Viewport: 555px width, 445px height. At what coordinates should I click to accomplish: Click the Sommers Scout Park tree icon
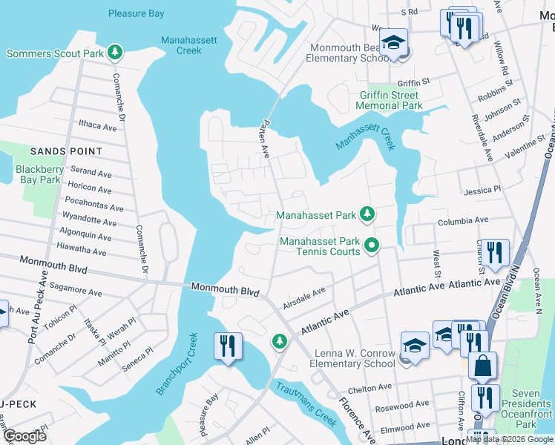[x=114, y=52]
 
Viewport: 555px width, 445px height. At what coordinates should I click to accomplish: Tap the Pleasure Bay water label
[x=137, y=13]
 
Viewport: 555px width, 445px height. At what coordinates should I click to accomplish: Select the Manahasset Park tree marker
[x=367, y=215]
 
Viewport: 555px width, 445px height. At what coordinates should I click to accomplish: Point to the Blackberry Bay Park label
[x=39, y=174]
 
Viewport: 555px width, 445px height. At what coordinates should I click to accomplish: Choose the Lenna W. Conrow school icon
[x=415, y=345]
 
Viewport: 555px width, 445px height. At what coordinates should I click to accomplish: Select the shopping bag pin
[x=482, y=366]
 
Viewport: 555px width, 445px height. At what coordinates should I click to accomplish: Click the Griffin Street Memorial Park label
[x=389, y=100]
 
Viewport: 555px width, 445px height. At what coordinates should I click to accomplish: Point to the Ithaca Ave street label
[x=97, y=127]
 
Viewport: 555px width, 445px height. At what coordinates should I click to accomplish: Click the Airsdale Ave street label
[x=304, y=300]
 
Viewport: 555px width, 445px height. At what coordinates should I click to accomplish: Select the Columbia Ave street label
[x=462, y=220]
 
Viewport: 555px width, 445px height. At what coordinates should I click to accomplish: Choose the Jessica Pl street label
[x=482, y=191]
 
